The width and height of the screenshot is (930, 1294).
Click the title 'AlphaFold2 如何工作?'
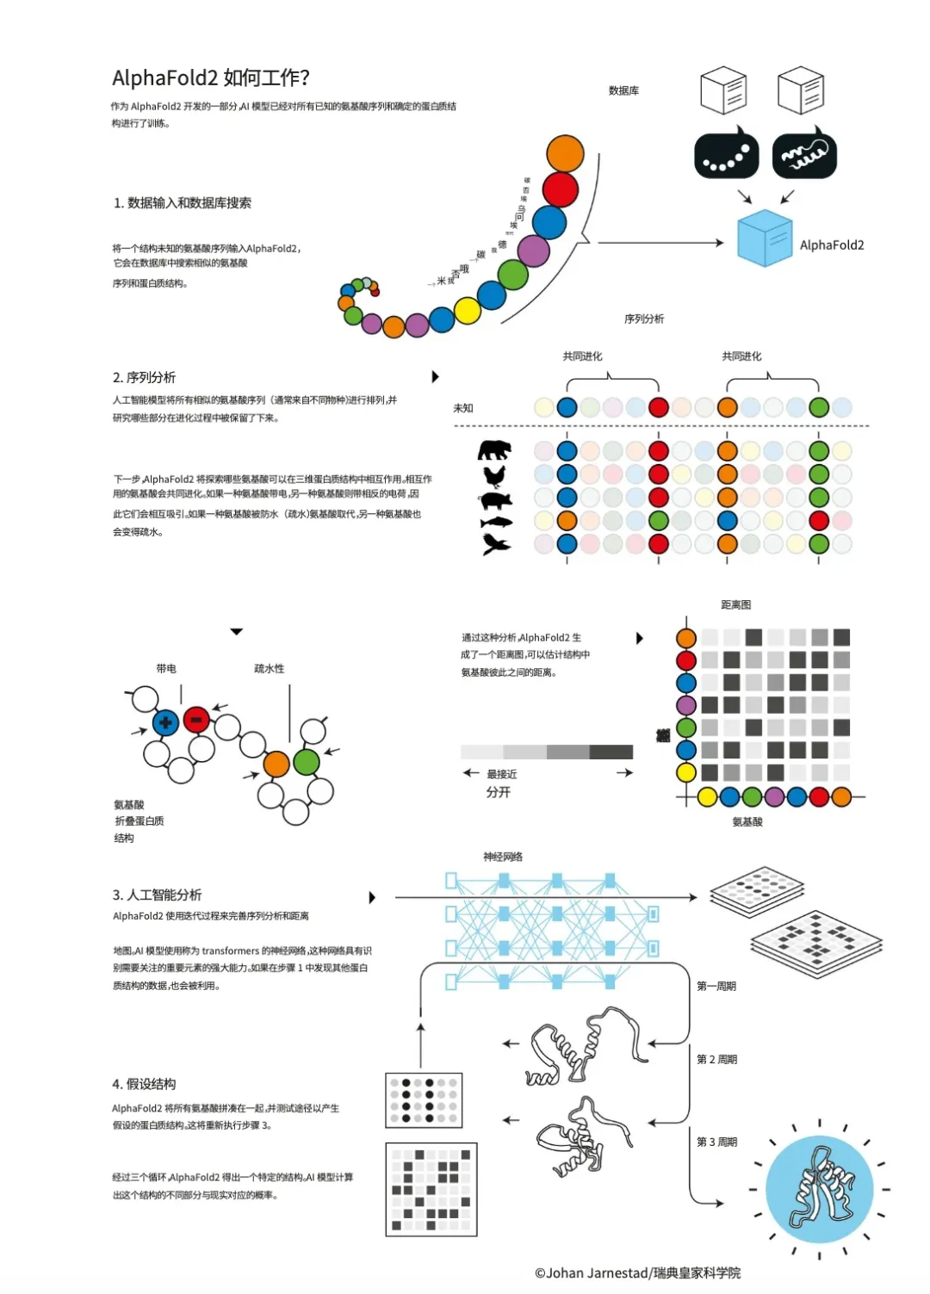210,78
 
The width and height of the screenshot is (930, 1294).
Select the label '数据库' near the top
623,90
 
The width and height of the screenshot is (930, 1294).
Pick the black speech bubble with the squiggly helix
804,156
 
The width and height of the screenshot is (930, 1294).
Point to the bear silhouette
494,449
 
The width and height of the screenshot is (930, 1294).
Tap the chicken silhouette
494,475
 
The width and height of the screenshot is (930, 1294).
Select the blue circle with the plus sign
165,722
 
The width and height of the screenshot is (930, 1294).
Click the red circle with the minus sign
196,719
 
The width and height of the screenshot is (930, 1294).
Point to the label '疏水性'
269,669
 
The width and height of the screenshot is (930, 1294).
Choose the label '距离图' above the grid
735,605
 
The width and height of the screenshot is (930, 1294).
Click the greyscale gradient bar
547,752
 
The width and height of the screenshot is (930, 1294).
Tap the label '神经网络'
503,857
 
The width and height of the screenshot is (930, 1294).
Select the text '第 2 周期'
716,1060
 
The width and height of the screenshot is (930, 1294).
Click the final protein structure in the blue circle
819,1189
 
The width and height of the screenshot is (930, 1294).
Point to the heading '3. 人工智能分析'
157,895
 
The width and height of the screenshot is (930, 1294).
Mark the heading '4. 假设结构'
144,1084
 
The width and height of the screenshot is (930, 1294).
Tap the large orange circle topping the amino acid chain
565,154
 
